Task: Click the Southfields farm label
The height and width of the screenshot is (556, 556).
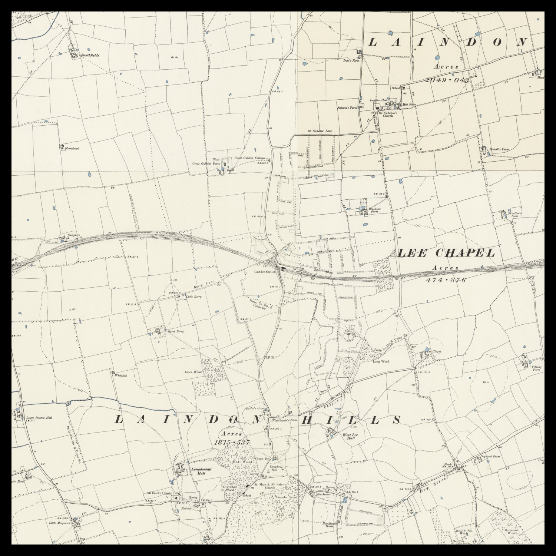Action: (x=90, y=55)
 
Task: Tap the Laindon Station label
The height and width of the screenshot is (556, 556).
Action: (x=265, y=272)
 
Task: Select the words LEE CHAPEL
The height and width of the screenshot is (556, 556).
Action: (x=446, y=253)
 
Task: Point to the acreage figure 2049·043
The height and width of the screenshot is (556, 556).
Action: (x=447, y=80)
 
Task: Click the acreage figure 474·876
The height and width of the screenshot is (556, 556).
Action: (x=446, y=280)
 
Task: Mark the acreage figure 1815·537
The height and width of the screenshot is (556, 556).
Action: (x=232, y=443)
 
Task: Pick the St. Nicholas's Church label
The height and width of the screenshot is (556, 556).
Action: (x=388, y=114)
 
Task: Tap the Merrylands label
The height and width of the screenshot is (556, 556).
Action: (x=72, y=148)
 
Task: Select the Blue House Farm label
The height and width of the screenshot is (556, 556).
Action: (x=375, y=211)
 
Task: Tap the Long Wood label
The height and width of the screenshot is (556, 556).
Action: (x=381, y=361)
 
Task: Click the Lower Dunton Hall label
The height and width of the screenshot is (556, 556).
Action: (x=39, y=418)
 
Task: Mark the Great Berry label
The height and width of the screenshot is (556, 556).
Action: (x=176, y=331)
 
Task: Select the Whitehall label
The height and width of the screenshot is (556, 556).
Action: (x=121, y=375)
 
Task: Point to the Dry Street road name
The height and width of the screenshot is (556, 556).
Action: (x=440, y=482)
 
